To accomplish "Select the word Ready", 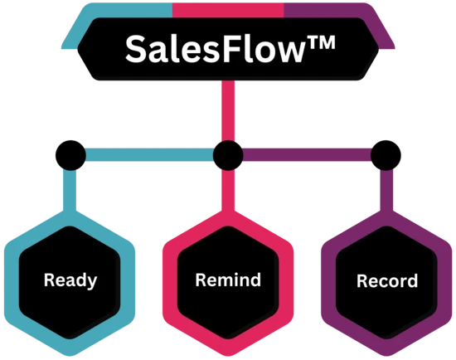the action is (70, 280).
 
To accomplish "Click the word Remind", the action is (228, 280).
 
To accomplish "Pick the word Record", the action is (387, 281).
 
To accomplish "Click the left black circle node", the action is (70, 155).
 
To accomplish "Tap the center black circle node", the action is (228, 155).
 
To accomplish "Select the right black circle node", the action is (386, 155).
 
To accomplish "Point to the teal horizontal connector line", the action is (149, 155).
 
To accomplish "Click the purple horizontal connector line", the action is (307, 155).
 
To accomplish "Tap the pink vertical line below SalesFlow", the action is (228, 110).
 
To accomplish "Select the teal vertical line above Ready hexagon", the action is (70, 191).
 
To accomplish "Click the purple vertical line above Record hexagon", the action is (386, 191).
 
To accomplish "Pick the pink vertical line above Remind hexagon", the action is (228, 191).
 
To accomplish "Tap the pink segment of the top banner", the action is (228, 10).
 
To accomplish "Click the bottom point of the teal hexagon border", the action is (70, 355).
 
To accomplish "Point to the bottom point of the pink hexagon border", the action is (228, 355).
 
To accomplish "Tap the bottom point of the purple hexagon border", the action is (386, 355).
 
